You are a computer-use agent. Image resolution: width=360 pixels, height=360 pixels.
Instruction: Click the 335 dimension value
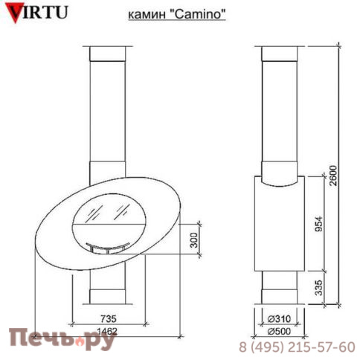[321, 287]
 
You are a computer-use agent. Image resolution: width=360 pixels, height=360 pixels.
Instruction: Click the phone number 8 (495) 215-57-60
[296, 347]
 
